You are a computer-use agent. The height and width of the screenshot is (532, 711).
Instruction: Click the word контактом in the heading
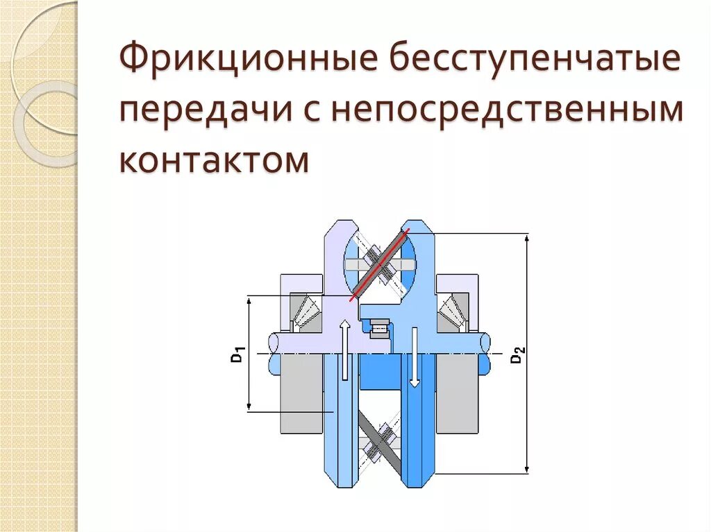[x=214, y=159]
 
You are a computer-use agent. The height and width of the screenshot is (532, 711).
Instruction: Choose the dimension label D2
[x=518, y=355]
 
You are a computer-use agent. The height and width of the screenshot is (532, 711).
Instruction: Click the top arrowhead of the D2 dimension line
[x=528, y=239]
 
